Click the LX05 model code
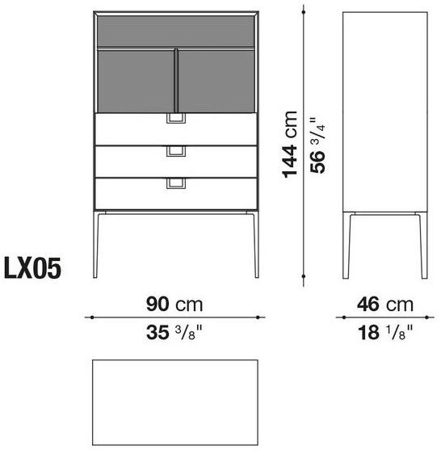(32, 268)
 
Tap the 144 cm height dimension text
(290, 144)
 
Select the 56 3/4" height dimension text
(317, 145)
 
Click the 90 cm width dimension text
(174, 305)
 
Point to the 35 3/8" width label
(174, 332)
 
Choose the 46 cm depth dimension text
(385, 305)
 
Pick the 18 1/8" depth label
(385, 332)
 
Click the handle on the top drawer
(176, 119)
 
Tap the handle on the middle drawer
(176, 151)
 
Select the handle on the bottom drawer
(176, 183)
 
